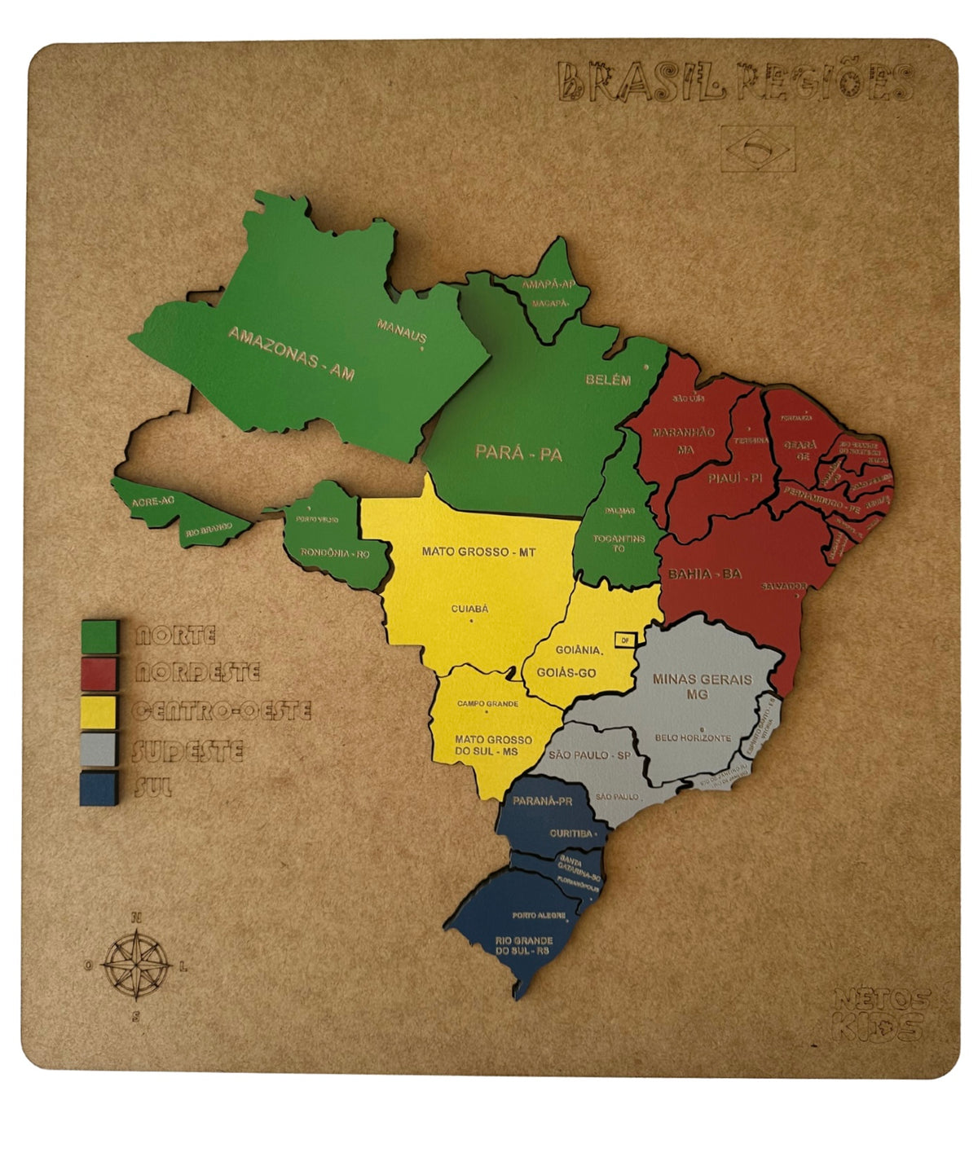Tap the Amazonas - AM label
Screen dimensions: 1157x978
coord(291,353)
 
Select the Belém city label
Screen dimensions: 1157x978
coord(608,380)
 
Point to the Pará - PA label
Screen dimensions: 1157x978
coord(518,452)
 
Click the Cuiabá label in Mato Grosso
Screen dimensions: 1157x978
coord(469,609)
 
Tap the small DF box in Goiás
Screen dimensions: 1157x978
coord(625,640)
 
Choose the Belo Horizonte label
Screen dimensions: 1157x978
coord(693,737)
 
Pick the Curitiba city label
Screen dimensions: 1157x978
coord(570,833)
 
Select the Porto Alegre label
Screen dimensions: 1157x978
coord(539,915)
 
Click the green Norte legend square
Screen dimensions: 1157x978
coord(99,636)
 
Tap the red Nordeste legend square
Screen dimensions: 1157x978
coord(99,674)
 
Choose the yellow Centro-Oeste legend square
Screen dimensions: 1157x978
coord(99,711)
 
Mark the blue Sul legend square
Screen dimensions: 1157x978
coord(99,788)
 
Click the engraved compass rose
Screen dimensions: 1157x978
coord(136,966)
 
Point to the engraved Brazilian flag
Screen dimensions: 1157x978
coord(757,149)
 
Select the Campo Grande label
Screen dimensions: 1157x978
coord(487,703)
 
